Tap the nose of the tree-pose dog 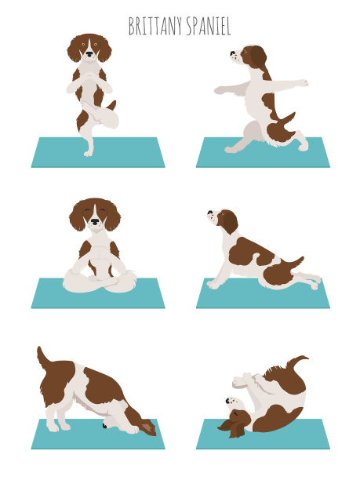[89, 54]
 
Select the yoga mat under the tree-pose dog [98, 152]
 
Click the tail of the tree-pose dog [111, 105]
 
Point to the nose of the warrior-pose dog [231, 53]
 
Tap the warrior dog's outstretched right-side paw [303, 82]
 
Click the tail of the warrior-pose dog [288, 119]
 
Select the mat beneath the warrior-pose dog [263, 152]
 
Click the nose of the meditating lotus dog [95, 221]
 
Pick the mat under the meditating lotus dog [98, 293]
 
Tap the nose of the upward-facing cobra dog [210, 212]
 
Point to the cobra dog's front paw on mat [213, 285]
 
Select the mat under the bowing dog [98, 434]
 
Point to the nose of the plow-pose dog [227, 401]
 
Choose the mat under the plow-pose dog [263, 434]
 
